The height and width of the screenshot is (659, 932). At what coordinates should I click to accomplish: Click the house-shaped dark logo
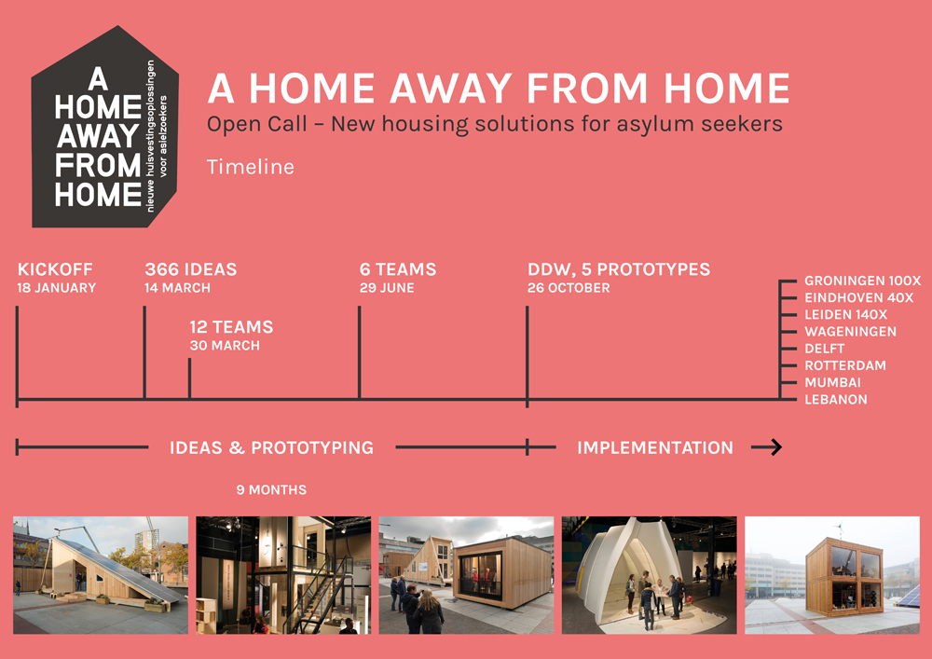105,127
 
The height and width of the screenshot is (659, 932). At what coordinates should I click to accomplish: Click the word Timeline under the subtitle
250,167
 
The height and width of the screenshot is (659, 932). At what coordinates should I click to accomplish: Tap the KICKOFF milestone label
55,269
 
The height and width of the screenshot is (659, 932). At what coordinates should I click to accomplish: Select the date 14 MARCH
177,288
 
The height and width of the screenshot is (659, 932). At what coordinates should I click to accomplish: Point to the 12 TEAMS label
231,327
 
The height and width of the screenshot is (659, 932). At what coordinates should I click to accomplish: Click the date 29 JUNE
387,288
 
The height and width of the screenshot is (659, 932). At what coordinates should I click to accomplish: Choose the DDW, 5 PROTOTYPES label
619,269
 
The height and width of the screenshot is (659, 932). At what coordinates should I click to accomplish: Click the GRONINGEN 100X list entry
862,281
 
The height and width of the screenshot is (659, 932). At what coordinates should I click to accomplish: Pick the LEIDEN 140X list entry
846,315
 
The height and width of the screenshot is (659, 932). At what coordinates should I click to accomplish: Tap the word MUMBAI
832,383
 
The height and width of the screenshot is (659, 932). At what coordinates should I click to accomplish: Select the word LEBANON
836,400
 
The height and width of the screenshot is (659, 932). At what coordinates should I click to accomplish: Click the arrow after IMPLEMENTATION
767,446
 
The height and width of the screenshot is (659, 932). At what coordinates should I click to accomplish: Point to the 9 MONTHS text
271,490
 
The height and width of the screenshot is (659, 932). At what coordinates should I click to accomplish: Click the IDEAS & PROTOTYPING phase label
271,447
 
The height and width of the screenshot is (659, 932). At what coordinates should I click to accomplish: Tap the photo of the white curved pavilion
649,574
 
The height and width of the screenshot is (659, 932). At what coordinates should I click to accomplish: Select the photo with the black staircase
283,574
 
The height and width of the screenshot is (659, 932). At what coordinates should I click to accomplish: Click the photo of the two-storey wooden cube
832,574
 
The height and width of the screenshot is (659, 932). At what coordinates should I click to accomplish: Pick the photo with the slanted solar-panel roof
101,574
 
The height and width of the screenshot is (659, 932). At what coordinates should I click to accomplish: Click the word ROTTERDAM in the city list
845,365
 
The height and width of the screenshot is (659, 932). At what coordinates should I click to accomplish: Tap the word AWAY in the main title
451,88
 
